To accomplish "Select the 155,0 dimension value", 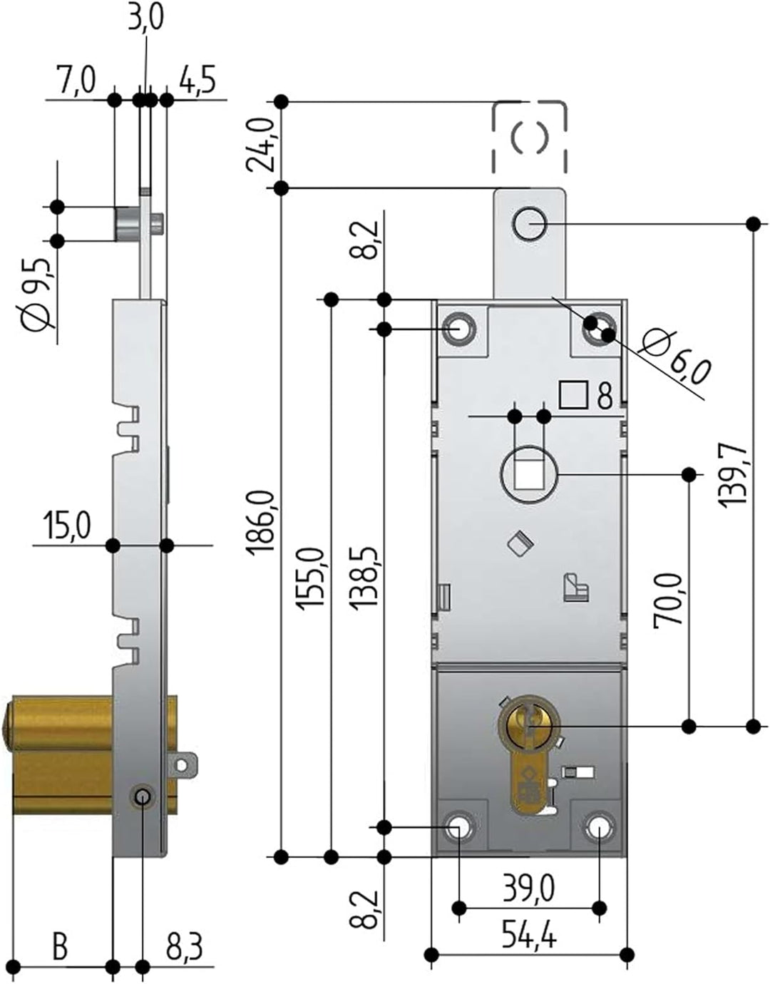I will click(312, 578).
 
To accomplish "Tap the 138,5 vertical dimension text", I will click(364, 578).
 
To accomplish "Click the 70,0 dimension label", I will click(669, 599).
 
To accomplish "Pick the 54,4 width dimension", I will click(528, 932).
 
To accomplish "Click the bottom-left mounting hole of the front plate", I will click(460, 827).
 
